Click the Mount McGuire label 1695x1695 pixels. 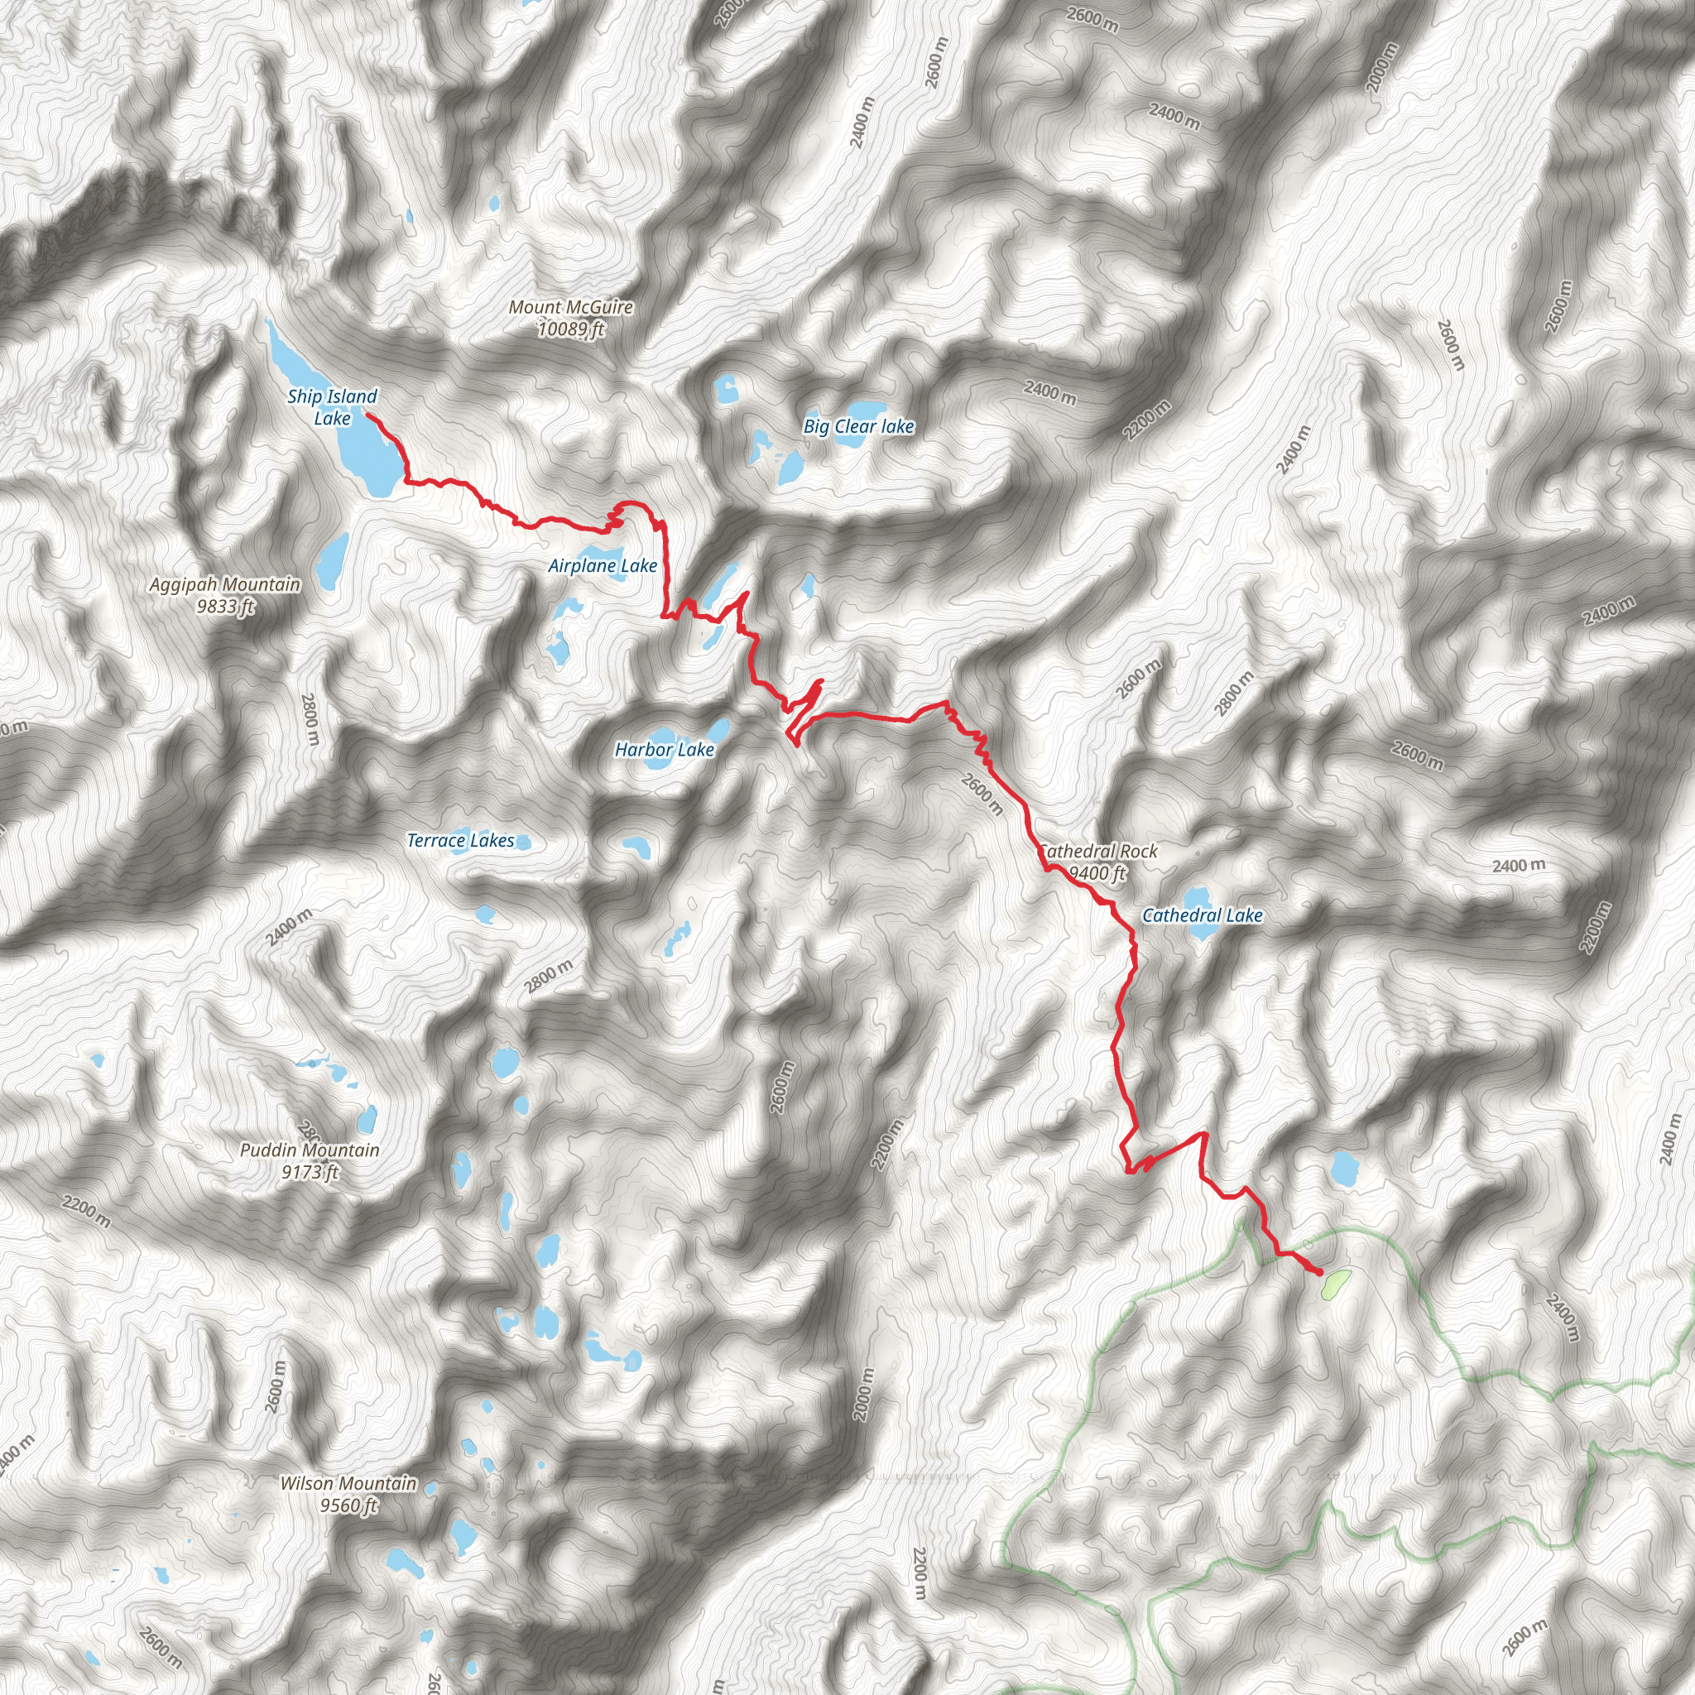pyautogui.click(x=571, y=307)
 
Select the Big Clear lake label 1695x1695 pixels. pyautogui.click(x=859, y=426)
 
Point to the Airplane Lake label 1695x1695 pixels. pyautogui.click(x=603, y=566)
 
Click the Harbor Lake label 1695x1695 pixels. pyautogui.click(x=664, y=749)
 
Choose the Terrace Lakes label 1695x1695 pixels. pyautogui.click(x=461, y=841)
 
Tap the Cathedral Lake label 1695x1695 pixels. pyautogui.click(x=1202, y=915)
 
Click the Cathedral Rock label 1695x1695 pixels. pyautogui.click(x=1098, y=851)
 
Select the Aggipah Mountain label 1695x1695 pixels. pyautogui.click(x=224, y=584)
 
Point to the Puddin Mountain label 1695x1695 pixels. pyautogui.click(x=310, y=1150)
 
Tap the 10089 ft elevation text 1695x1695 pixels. pyautogui.click(x=571, y=329)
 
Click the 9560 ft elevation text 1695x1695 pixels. pyautogui.click(x=348, y=1505)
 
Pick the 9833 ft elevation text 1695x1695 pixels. pyautogui.click(x=225, y=606)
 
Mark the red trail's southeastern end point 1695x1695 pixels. pyautogui.click(x=1320, y=1271)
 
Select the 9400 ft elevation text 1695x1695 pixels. pyautogui.click(x=1097, y=873)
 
